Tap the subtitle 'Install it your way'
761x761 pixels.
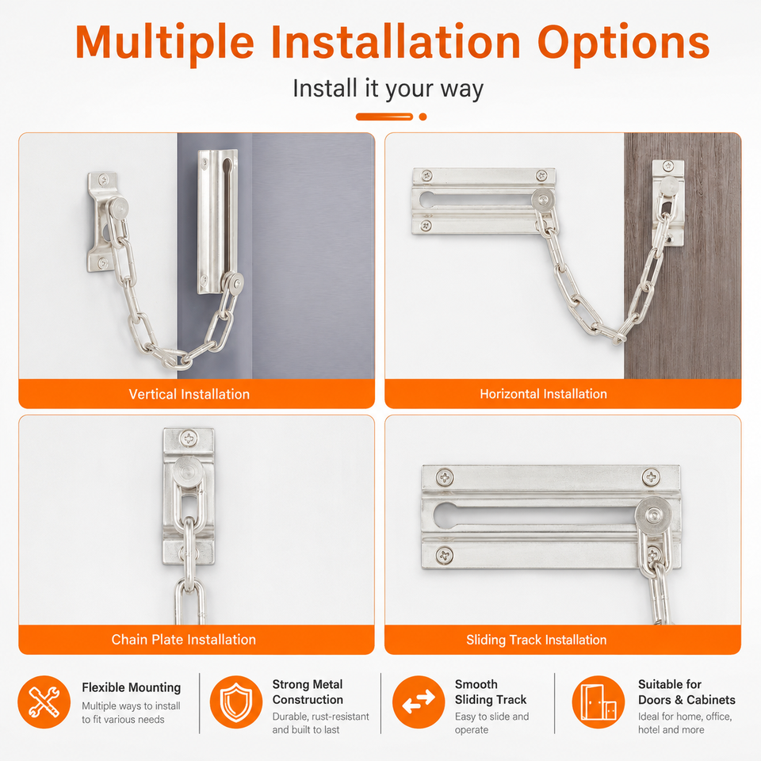(x=388, y=89)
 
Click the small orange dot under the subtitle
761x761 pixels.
(x=423, y=117)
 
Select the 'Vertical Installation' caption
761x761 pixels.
(x=189, y=394)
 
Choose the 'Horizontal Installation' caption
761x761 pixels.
(x=543, y=394)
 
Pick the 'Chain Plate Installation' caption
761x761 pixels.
(x=183, y=639)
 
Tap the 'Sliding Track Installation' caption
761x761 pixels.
(x=537, y=640)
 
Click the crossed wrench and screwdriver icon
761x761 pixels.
(x=44, y=702)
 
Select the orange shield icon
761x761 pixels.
(x=236, y=702)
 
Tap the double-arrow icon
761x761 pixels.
(x=419, y=702)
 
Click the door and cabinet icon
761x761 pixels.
(x=598, y=702)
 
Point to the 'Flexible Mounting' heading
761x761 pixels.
(x=131, y=687)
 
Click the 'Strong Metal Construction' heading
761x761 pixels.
(x=308, y=691)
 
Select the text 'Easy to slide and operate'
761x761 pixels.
(x=491, y=723)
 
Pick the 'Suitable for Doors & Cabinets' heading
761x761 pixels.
(x=686, y=691)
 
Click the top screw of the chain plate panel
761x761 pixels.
(x=189, y=438)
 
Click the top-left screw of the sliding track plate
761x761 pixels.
(x=445, y=477)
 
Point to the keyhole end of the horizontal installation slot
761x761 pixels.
(x=427, y=200)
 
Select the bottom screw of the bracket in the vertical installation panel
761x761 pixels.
(x=103, y=262)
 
